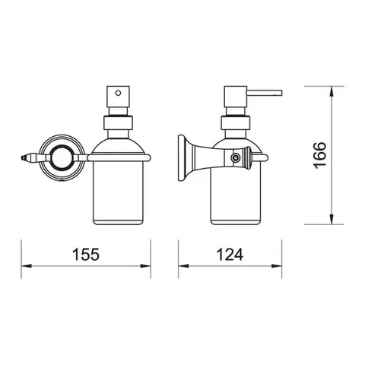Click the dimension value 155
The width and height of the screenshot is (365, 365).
[x=86, y=254]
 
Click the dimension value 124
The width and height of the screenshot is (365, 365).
[x=230, y=254]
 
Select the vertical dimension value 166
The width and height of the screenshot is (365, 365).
[x=319, y=155]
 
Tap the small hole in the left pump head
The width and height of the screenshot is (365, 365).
[x=118, y=93]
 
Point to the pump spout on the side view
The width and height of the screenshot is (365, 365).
[x=265, y=93]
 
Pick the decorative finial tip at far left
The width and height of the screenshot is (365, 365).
[x=22, y=158]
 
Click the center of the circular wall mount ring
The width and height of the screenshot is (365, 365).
[x=62, y=158]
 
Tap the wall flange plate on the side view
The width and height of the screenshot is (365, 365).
[x=182, y=158]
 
